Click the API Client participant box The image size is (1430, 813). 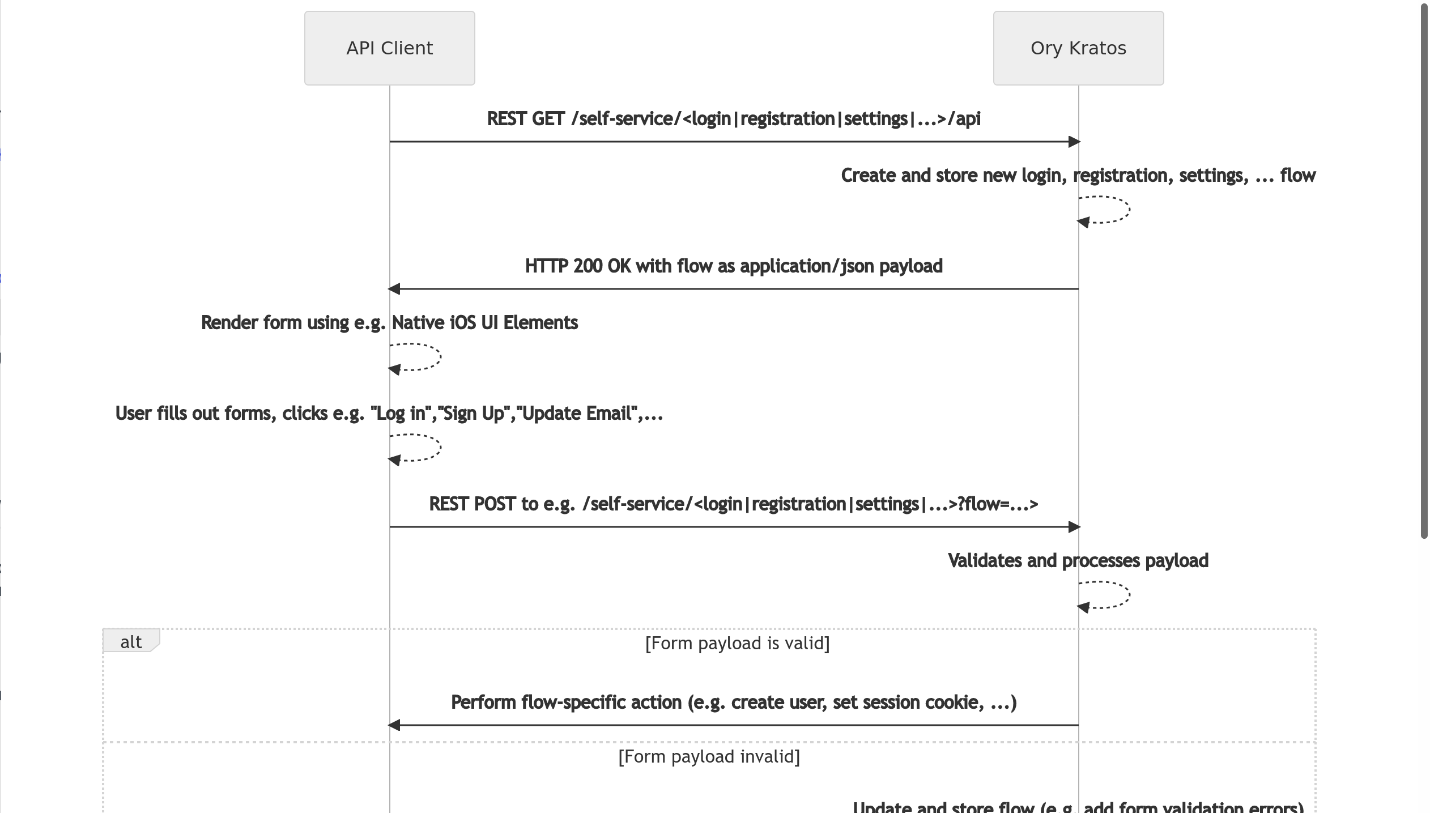tap(390, 48)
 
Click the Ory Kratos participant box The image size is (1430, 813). tap(1078, 48)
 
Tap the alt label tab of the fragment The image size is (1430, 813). tap(131, 641)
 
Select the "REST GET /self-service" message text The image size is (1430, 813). tap(734, 119)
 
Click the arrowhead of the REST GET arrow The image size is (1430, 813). tap(1074, 142)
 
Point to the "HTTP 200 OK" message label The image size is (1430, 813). tap(734, 266)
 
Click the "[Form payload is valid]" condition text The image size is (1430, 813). tap(737, 644)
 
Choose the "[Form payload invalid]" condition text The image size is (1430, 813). tap(709, 757)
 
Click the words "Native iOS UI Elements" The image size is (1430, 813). tap(485, 323)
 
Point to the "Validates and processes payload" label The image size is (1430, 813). tap(1078, 561)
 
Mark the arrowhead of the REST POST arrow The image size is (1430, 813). tap(1074, 527)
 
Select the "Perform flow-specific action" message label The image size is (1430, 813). tap(734, 703)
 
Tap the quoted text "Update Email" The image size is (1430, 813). tap(577, 414)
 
